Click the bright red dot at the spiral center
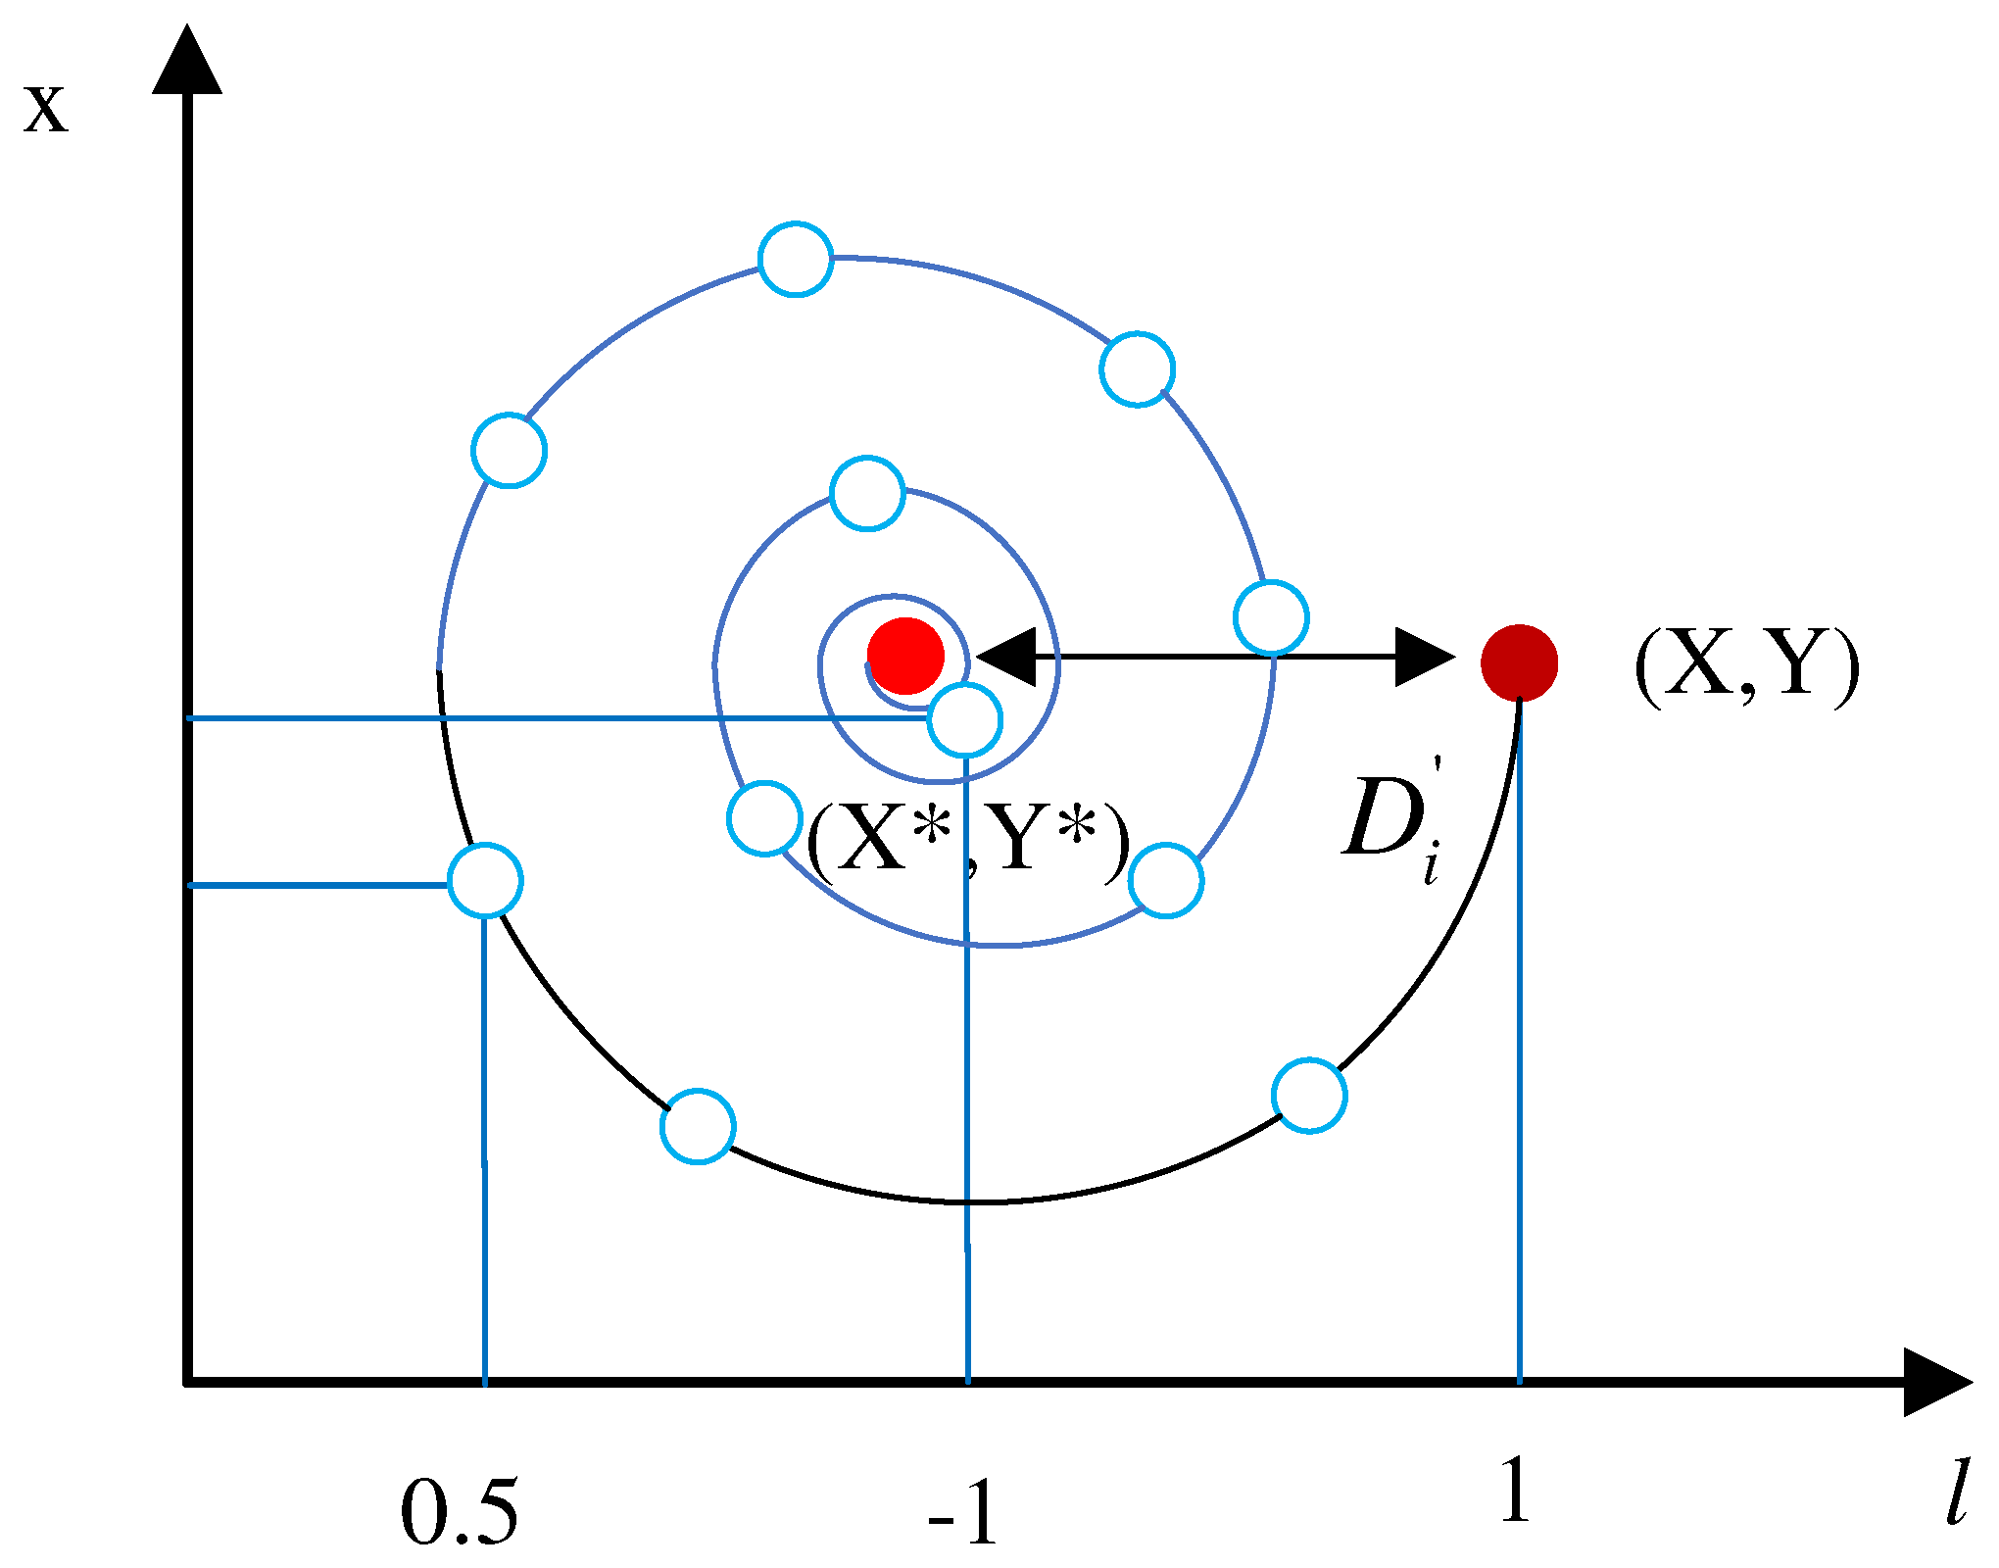click(905, 656)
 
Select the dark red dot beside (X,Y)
click(1519, 663)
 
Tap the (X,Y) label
click(1746, 665)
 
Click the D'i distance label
click(1391, 821)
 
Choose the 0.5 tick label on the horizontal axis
click(459, 1512)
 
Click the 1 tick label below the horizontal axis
click(1515, 1489)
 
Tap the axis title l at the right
click(1956, 1493)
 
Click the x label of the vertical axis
click(46, 110)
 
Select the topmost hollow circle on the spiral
click(796, 259)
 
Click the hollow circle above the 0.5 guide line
click(485, 880)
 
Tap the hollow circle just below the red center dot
click(965, 720)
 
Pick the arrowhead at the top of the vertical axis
click(187, 61)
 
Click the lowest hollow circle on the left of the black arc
click(698, 1126)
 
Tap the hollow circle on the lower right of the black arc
click(1309, 1095)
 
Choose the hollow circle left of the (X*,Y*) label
click(764, 817)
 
